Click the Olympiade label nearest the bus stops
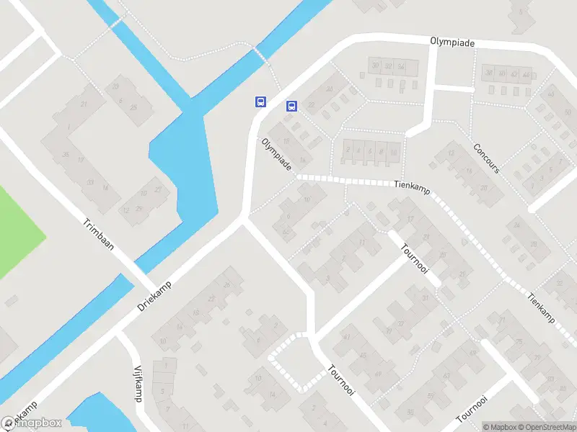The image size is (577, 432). click(x=277, y=154)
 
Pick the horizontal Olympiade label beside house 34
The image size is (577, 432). click(x=453, y=43)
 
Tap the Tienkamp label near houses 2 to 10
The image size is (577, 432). click(x=413, y=185)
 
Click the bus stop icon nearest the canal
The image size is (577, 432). click(x=260, y=102)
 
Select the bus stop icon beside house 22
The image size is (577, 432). click(x=291, y=106)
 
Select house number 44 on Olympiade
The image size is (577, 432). click(x=526, y=74)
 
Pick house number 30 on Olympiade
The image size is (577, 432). click(x=375, y=66)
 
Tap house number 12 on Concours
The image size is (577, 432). click(x=451, y=153)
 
